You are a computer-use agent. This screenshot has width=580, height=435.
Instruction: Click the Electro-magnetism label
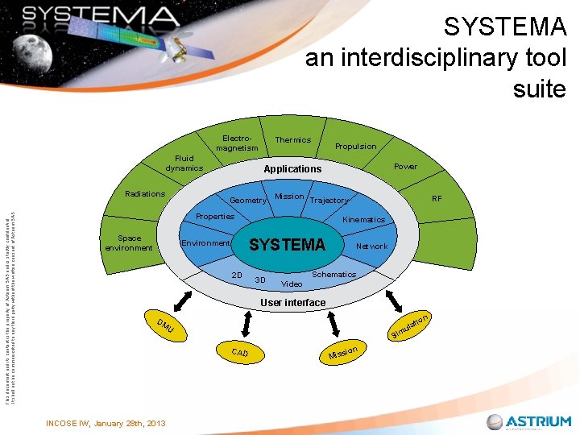[237, 143]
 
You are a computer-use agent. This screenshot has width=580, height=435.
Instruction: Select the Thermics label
[292, 140]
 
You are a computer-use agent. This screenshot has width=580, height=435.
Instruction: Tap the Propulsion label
[355, 147]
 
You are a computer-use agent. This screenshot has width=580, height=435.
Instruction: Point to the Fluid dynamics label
[184, 164]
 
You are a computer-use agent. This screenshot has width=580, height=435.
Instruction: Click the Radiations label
[145, 194]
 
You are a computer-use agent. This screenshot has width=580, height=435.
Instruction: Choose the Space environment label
[128, 242]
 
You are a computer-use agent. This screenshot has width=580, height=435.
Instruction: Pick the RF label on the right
[437, 198]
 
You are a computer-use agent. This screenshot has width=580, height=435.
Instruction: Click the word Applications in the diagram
[292, 169]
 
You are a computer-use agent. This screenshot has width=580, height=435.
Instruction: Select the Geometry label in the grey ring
[248, 201]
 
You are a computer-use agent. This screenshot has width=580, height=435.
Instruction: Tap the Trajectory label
[329, 201]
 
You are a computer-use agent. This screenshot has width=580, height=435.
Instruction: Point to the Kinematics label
[363, 220]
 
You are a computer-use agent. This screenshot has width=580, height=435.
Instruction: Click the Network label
[371, 246]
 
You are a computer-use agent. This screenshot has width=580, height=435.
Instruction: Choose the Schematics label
[333, 275]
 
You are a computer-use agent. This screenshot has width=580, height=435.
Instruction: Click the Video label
[292, 284]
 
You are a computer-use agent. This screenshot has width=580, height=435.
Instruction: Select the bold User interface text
[292, 303]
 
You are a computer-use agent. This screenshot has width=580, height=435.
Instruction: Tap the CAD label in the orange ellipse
[240, 353]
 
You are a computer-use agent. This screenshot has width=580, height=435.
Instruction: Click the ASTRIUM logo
[528, 421]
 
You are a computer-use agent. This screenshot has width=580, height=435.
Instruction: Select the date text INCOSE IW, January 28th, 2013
[106, 423]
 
